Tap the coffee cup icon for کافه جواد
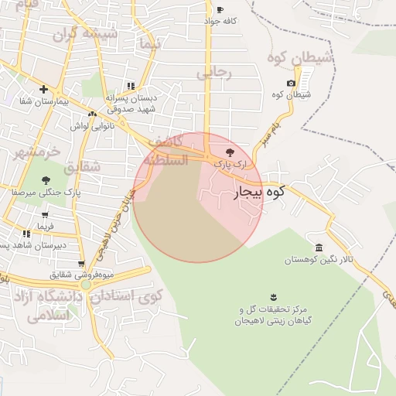pyautogui.click(x=220, y=10)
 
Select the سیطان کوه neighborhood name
pyautogui.click(x=299, y=57)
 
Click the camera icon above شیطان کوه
pyautogui.click(x=291, y=84)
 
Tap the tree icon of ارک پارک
pyautogui.click(x=229, y=152)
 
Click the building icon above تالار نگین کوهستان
pyautogui.click(x=319, y=247)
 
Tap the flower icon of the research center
pyautogui.click(x=273, y=296)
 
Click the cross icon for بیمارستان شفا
pyautogui.click(x=43, y=89)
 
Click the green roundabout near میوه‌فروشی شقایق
pyautogui.click(x=86, y=285)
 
